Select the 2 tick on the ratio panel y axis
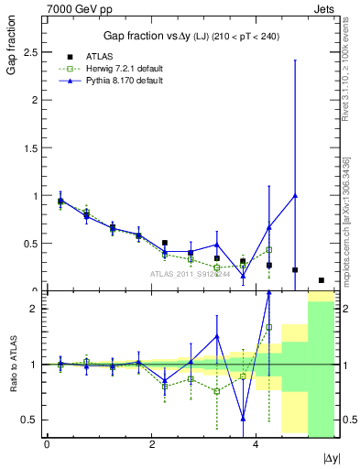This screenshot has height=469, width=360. pyautogui.click(x=34, y=310)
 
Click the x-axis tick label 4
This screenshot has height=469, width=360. pyautogui.click(x=256, y=444)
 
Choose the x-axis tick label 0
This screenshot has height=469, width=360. pyautogui.click(x=47, y=444)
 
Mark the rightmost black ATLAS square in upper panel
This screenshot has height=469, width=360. pyautogui.click(x=322, y=280)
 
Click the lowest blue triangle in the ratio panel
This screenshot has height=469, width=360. pyautogui.click(x=243, y=418)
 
